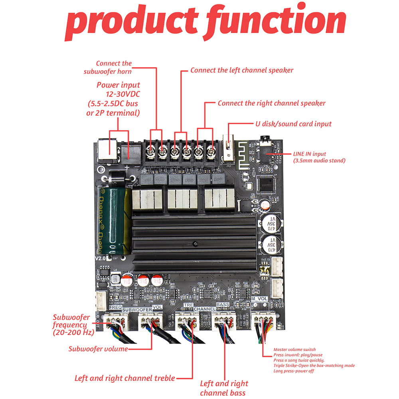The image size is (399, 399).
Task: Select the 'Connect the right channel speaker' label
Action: click(x=271, y=103)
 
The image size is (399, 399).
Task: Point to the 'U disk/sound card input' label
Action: click(x=293, y=124)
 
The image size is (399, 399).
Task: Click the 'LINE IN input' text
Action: click(x=310, y=154)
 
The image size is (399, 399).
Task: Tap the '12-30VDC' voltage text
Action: click(x=118, y=94)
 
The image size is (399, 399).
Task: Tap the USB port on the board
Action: click(x=229, y=150)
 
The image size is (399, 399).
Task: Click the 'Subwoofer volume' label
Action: click(x=98, y=349)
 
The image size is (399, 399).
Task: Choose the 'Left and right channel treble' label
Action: click(x=124, y=378)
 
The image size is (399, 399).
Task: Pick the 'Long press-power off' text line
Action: click(x=293, y=371)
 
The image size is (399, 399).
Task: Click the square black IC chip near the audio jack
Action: click(x=267, y=184)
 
